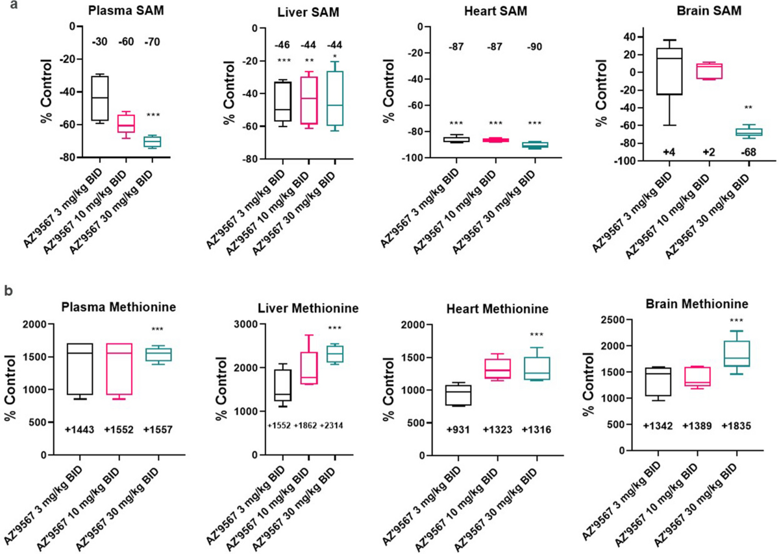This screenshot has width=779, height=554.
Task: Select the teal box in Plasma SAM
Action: click(153, 141)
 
